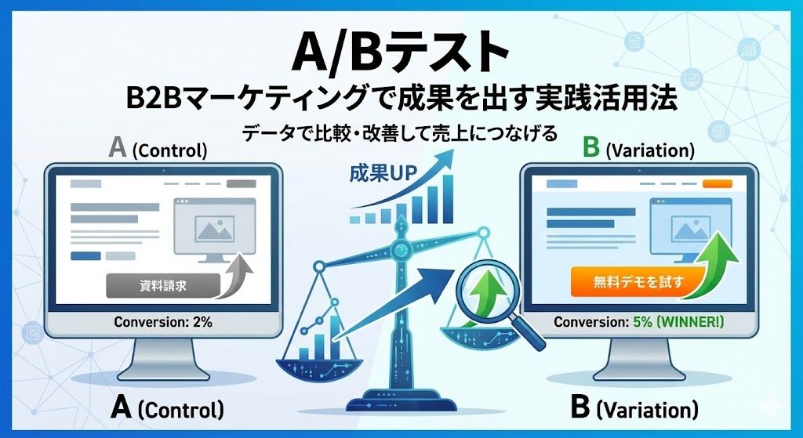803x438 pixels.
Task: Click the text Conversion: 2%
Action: [163, 322]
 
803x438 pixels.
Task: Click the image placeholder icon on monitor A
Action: [213, 230]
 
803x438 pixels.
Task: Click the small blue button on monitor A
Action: [85, 255]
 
